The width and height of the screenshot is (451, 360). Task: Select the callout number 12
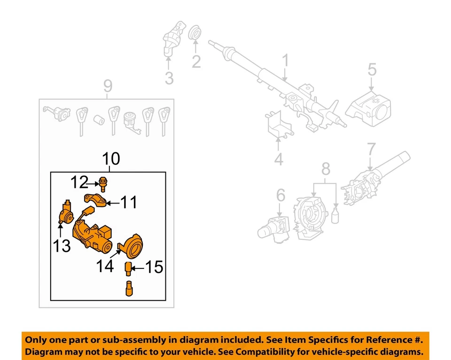80,181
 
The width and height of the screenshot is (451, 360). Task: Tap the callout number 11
128,203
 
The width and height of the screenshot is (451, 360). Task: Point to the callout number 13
61,245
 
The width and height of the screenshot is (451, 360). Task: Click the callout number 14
104,266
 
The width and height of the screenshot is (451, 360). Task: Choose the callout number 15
153,268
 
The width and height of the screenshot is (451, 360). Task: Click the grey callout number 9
108,86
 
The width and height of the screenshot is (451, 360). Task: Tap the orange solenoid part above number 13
65,211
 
